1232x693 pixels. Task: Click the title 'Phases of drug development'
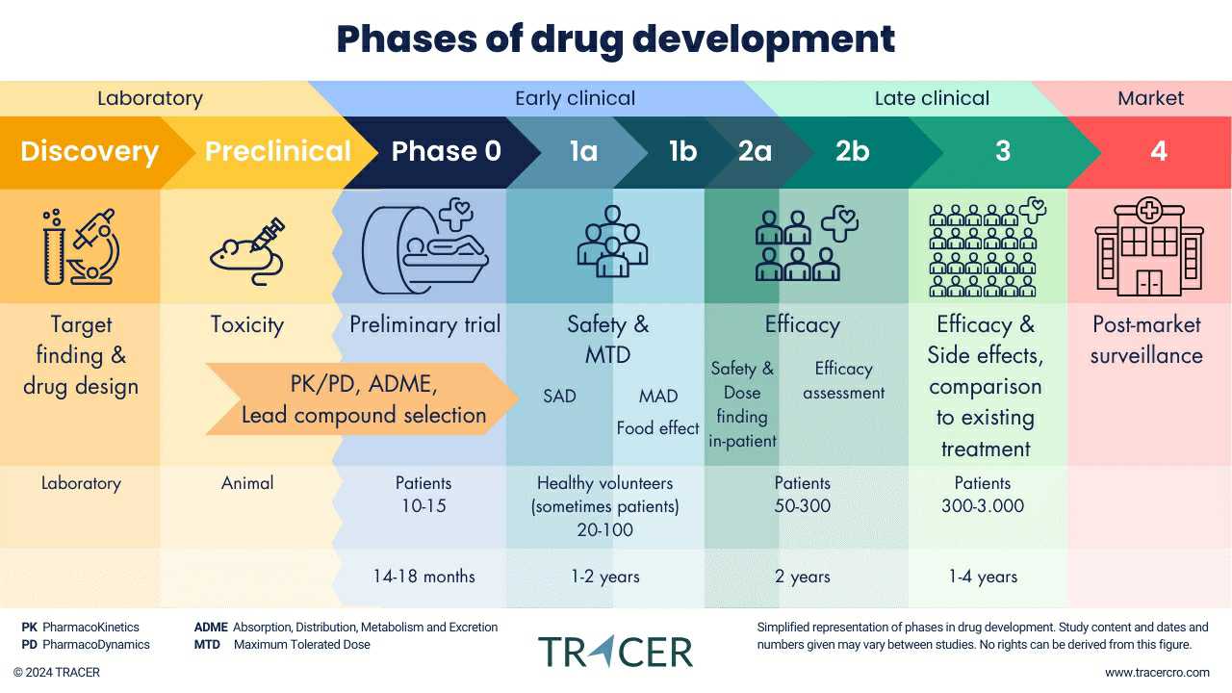click(x=616, y=39)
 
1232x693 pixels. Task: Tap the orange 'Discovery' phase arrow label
click(x=89, y=152)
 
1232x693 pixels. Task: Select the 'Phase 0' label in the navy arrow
click(x=446, y=152)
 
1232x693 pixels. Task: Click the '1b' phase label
click(x=682, y=152)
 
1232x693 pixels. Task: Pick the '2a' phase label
click(x=755, y=152)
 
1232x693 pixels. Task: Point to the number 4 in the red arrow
click(x=1159, y=152)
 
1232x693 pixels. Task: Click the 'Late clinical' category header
click(x=932, y=98)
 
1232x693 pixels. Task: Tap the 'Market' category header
click(x=1150, y=98)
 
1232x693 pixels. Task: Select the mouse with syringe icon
click(x=247, y=250)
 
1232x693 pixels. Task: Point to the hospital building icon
click(x=1149, y=247)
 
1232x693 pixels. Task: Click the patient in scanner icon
click(x=424, y=246)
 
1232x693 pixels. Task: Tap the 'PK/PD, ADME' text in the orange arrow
click(x=364, y=384)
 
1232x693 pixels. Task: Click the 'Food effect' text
click(x=658, y=428)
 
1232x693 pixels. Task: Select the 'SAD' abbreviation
click(x=559, y=396)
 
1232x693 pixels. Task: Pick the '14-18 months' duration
click(x=424, y=577)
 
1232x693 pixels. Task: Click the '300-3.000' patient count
click(x=983, y=506)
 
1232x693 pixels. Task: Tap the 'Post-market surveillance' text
click(x=1146, y=340)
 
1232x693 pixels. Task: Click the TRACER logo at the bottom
click(x=615, y=652)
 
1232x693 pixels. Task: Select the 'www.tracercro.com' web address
click(x=1157, y=673)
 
